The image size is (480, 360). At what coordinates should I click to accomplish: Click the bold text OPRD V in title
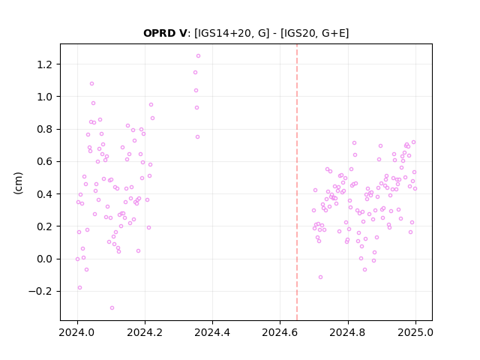click(x=165, y=33)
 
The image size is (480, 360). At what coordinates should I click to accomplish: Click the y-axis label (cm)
click(x=18, y=183)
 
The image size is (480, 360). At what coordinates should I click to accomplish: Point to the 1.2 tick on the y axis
click(x=45, y=64)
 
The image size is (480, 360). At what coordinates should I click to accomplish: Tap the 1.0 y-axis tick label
click(x=45, y=97)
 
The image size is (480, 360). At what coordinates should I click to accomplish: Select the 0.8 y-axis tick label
click(x=45, y=129)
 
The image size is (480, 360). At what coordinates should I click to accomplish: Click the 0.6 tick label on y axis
click(x=45, y=162)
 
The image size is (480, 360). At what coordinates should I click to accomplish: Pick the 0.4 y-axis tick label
click(x=45, y=194)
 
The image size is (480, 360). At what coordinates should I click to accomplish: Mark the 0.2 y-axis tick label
click(x=45, y=226)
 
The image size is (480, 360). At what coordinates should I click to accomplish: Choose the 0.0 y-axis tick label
click(x=45, y=259)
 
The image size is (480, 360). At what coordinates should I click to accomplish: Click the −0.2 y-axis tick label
click(x=40, y=292)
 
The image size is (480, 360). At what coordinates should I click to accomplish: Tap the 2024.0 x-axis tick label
click(x=77, y=332)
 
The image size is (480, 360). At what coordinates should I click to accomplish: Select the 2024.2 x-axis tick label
click(x=145, y=332)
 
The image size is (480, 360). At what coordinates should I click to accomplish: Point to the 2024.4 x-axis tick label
click(x=212, y=332)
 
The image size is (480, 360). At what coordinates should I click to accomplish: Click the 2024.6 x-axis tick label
click(x=280, y=332)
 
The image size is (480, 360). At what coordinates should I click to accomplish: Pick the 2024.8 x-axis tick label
click(x=348, y=332)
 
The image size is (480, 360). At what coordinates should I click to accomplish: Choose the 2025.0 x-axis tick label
click(x=415, y=332)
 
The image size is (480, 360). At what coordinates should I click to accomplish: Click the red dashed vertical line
click(x=297, y=182)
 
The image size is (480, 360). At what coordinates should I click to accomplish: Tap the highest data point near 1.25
click(x=198, y=56)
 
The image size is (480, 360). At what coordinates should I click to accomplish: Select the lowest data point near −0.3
click(x=112, y=308)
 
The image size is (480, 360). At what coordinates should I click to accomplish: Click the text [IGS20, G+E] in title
click(x=314, y=33)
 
